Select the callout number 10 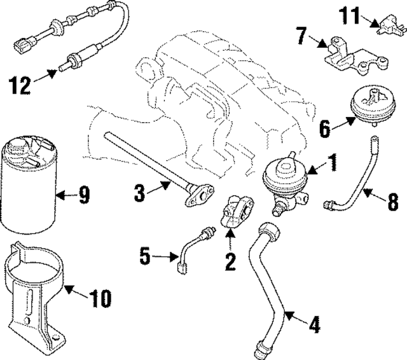click(99, 296)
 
